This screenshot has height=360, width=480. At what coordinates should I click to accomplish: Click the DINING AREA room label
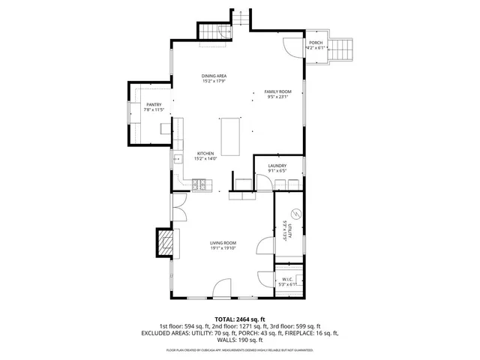click(214, 76)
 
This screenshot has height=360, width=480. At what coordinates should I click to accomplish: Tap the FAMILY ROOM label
click(277, 91)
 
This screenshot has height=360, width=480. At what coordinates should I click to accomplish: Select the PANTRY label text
click(154, 105)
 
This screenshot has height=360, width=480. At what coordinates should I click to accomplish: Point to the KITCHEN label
click(205, 153)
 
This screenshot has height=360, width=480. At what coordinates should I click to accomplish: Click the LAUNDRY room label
click(277, 166)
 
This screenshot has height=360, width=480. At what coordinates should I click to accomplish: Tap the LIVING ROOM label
click(223, 243)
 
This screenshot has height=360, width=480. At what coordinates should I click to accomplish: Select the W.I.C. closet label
click(288, 278)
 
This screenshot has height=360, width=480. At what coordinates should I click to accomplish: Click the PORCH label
click(316, 43)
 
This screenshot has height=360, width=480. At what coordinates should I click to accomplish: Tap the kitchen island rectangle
click(231, 136)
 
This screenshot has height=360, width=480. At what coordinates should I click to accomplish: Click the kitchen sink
click(178, 159)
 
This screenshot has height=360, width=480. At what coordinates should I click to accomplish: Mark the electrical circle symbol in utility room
click(295, 214)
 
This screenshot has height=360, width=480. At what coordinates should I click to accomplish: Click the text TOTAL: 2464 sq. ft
click(239, 319)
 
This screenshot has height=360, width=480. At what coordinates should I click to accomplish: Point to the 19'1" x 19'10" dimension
click(223, 249)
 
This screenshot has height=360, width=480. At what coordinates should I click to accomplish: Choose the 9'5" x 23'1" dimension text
click(277, 97)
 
